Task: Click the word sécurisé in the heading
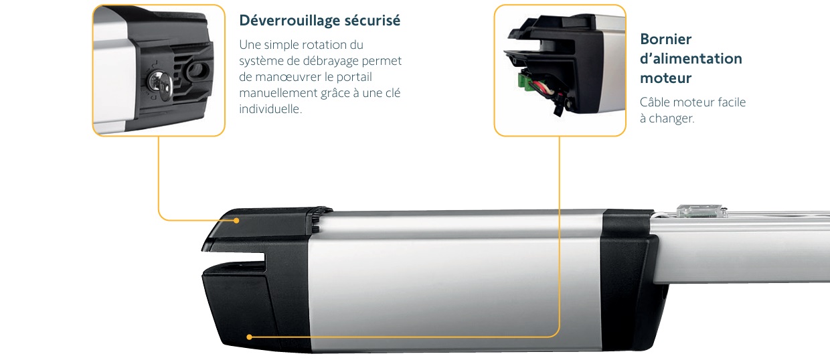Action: coord(372,20)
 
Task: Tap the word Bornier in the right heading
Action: coord(666,39)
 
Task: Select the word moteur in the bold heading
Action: coord(666,78)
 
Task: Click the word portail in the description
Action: coord(354,77)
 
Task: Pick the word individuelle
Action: coord(270,109)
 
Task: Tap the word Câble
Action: coord(655,102)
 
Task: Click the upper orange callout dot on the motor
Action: coord(236,221)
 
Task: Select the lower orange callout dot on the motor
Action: coord(250,337)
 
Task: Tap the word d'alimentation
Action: coord(691,58)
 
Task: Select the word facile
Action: coord(732,102)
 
